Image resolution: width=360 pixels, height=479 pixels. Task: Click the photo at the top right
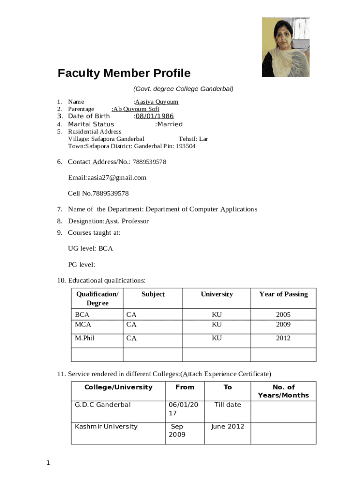pyautogui.click(x=286, y=47)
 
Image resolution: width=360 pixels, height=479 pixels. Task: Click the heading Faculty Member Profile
pyautogui.click(x=124, y=73)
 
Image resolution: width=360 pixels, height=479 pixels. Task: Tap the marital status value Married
pyautogui.click(x=170, y=124)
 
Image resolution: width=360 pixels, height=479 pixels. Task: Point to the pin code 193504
pyautogui.click(x=186, y=146)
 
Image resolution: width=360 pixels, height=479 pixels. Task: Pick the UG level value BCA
pyautogui.click(x=106, y=249)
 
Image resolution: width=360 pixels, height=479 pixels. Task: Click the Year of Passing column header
pyautogui.click(x=283, y=294)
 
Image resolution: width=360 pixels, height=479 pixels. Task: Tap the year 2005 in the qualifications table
pyautogui.click(x=283, y=315)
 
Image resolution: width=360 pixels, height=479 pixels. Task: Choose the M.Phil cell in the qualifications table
pyautogui.click(x=85, y=338)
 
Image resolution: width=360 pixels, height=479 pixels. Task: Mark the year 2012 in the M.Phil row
pyautogui.click(x=283, y=338)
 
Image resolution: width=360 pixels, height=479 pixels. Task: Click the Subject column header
pyautogui.click(x=153, y=294)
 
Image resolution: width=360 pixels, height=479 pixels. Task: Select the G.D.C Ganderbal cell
pyautogui.click(x=103, y=405)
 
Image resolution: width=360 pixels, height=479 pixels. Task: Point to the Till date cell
pyautogui.click(x=227, y=405)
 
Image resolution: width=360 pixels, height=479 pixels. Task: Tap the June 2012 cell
pyautogui.click(x=227, y=427)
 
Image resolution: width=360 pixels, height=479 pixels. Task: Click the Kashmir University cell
pyautogui.click(x=106, y=427)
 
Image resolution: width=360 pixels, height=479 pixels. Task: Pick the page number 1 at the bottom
pyautogui.click(x=48, y=464)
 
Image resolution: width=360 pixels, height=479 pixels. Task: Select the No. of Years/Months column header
pyautogui.click(x=283, y=391)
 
